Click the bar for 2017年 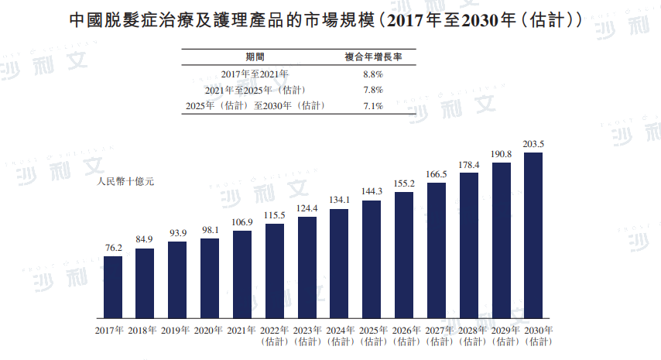coord(113,288)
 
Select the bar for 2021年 coord(241,276)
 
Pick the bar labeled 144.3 coord(372,260)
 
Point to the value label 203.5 coord(533,144)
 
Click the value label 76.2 coord(113,248)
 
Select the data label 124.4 coord(307,208)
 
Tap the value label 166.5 coord(437,174)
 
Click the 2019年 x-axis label coord(177,331)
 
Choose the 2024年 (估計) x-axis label coord(339,335)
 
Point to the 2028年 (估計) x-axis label coord(468,335)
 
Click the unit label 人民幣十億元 coord(126,183)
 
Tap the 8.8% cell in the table coord(372,74)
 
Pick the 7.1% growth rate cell coord(372,106)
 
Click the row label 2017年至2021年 coord(255,74)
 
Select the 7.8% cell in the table coord(372,90)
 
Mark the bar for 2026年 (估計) coord(404,255)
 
